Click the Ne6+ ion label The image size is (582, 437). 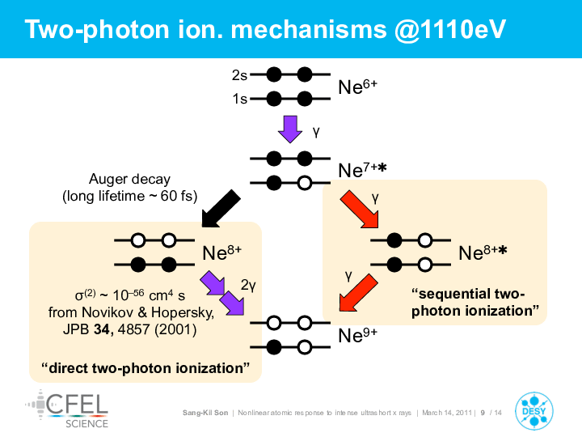pyautogui.click(x=357, y=87)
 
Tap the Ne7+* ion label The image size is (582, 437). pyautogui.click(x=362, y=170)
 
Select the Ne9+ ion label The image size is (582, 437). pyautogui.click(x=357, y=336)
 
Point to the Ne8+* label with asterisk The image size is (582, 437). pyautogui.click(x=483, y=252)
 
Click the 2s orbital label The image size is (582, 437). pyautogui.click(x=239, y=75)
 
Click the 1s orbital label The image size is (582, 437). pyautogui.click(x=240, y=99)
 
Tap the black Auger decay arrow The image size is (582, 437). pyautogui.click(x=221, y=208)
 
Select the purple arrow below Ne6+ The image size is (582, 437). pyautogui.click(x=290, y=129)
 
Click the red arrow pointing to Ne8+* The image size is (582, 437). pyautogui.click(x=360, y=209)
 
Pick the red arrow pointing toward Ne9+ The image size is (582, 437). pyautogui.click(x=358, y=292)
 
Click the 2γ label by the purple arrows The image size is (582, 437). pyautogui.click(x=248, y=285)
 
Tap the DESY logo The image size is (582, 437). pyautogui.click(x=533, y=411)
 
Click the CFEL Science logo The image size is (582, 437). pyautogui.click(x=67, y=409)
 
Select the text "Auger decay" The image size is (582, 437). pyautogui.click(x=129, y=179)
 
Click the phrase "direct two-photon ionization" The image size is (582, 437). pyautogui.click(x=145, y=368)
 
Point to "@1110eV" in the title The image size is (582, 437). pyautogui.click(x=450, y=29)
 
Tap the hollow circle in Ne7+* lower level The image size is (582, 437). pyautogui.click(x=305, y=183)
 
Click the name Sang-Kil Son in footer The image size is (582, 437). pyautogui.click(x=205, y=413)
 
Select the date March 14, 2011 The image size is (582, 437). pyautogui.click(x=447, y=413)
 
